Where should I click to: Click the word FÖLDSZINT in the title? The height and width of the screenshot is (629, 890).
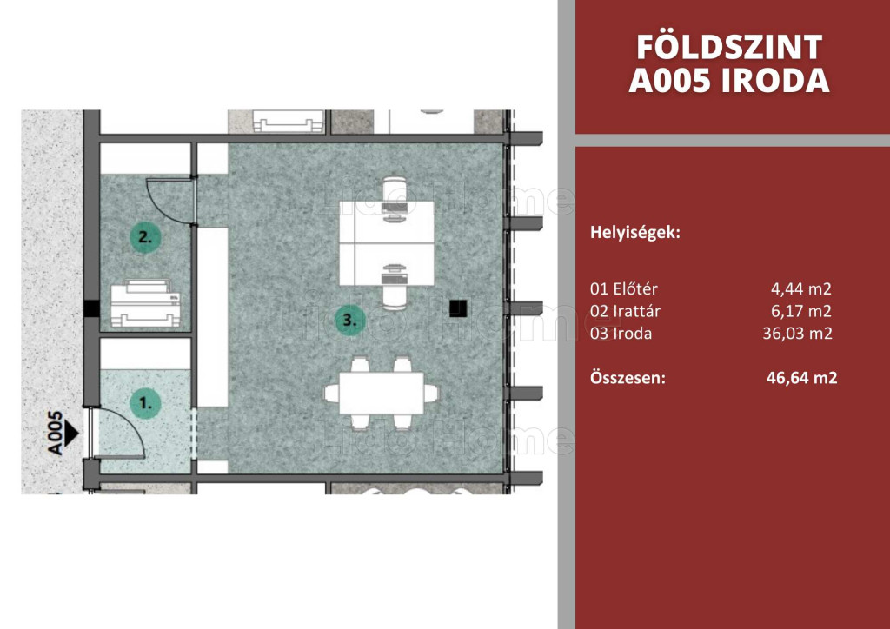729,47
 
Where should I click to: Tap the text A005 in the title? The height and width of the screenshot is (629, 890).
670,81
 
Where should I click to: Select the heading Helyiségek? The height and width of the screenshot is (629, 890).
635,233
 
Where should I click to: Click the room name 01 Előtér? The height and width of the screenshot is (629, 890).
624,288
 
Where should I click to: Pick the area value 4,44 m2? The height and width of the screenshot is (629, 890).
800,288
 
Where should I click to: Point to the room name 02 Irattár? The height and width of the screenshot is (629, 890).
626,311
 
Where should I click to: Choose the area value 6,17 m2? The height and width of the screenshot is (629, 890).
800,311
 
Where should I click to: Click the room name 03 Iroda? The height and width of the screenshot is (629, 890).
621,333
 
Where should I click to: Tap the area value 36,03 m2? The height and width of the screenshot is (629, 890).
797,333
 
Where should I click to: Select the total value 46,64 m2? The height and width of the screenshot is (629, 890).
801,378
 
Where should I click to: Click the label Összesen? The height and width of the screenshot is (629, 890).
628,378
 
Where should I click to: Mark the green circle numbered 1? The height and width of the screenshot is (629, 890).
145,403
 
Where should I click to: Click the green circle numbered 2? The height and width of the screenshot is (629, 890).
145,237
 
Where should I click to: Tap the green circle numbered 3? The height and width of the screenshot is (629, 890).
349,321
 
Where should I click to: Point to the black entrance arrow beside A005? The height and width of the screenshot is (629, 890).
70,434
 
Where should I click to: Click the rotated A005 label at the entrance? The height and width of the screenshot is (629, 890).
55,434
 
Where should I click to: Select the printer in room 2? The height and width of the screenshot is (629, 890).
145,303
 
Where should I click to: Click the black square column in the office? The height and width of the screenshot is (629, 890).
458,308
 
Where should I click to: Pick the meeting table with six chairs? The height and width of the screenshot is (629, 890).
382,393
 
